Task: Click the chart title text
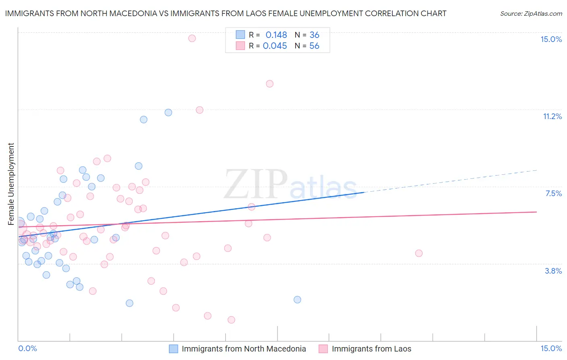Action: pos(225,13)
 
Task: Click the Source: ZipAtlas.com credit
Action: pos(531,14)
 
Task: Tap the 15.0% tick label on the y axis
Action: pos(551,39)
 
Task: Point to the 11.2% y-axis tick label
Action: pos(552,116)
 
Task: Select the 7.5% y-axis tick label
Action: pos(553,193)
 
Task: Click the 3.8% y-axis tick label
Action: pos(553,271)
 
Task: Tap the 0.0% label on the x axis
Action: pos(27,348)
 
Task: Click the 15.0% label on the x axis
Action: pos(551,348)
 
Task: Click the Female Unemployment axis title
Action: pos(11,184)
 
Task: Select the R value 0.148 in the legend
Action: pos(276,35)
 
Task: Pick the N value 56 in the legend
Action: pos(314,46)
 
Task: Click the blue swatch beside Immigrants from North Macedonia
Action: pos(173,349)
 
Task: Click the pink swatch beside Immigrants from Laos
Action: pos(323,349)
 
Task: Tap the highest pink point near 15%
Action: pos(192,38)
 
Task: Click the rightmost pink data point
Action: pos(419,253)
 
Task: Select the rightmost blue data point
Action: pos(297,299)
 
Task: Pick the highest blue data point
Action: pos(168,113)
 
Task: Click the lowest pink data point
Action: pos(231,320)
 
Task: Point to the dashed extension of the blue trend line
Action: pos(452,181)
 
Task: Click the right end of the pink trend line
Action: pos(536,212)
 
